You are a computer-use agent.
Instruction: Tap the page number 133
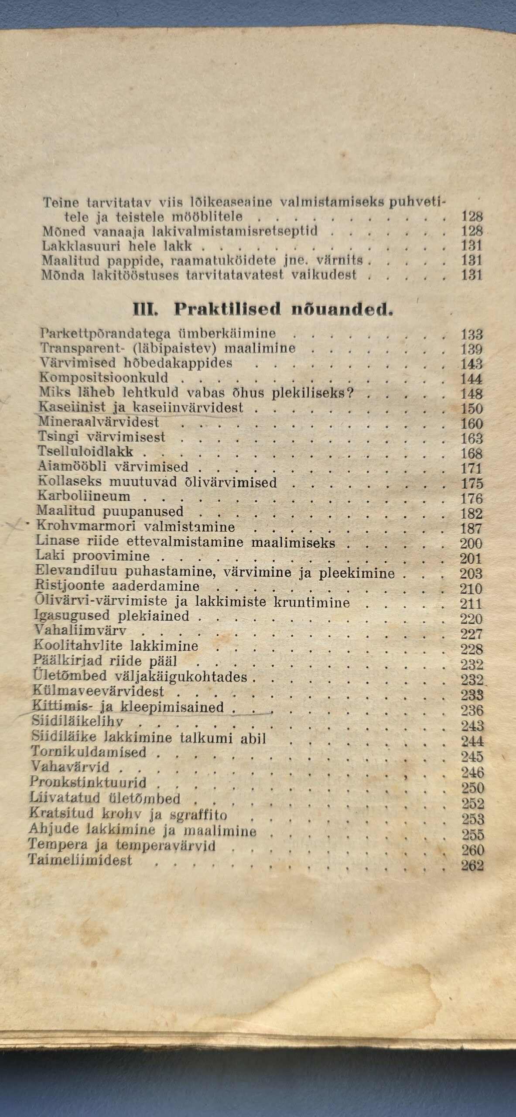tap(472, 335)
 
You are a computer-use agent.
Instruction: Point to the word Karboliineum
tap(84, 496)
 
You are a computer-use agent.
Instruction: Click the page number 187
tap(471, 528)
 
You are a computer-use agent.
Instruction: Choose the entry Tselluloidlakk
tap(86, 452)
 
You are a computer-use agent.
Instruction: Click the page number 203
tap(471, 573)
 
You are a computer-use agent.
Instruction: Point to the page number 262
tap(472, 997)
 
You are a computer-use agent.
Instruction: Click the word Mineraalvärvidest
tap(99, 422)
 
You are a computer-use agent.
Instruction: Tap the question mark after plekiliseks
tap(349, 393)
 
